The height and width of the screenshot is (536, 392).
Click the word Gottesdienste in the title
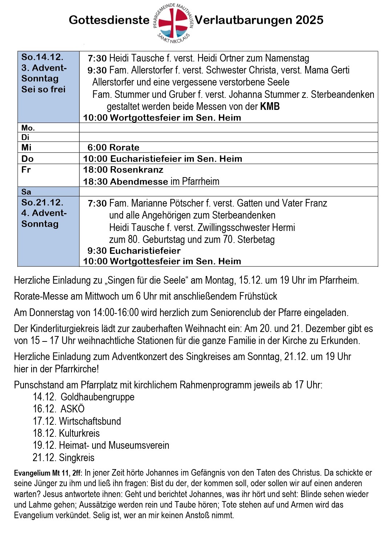tap(109, 20)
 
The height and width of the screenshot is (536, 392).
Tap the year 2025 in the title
tap(309, 20)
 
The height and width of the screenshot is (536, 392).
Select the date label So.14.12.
tap(42, 57)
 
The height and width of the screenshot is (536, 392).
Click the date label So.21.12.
tap(42, 203)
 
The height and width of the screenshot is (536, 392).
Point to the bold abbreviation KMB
tap(270, 107)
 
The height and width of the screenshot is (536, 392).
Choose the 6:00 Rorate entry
tap(113, 147)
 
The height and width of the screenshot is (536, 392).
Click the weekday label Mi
tap(26, 147)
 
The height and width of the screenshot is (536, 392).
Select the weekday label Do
tap(27, 159)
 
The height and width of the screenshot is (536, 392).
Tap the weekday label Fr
tap(26, 170)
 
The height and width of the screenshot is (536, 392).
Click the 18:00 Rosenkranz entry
tap(123, 170)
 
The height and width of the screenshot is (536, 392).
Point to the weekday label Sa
tap(26, 192)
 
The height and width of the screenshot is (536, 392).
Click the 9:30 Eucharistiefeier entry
tap(134, 251)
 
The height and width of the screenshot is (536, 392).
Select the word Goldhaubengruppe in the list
tap(97, 397)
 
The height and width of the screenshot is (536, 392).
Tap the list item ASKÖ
tap(73, 409)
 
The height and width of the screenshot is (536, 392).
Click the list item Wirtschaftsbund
tap(90, 421)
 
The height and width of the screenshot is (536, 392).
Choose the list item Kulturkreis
tap(79, 433)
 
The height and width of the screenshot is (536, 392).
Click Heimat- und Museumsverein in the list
tap(114, 445)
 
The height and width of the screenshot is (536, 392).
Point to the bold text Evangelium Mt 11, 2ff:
tap(48, 473)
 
